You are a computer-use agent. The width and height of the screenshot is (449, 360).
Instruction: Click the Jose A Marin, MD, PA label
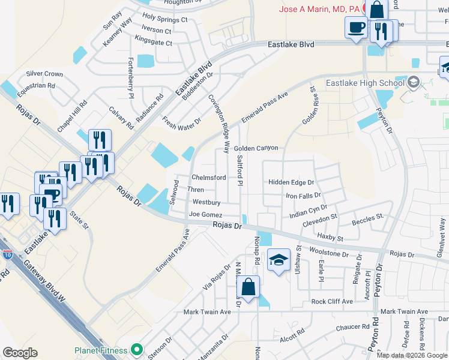[319, 8]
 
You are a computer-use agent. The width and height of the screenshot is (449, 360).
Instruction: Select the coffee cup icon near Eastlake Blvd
[357, 28]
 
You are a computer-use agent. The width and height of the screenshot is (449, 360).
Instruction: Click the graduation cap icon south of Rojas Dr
[279, 260]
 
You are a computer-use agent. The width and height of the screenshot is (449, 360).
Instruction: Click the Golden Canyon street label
[256, 148]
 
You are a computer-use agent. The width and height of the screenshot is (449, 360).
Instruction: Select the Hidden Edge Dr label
[291, 182]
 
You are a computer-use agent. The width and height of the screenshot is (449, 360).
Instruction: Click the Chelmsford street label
[208, 178]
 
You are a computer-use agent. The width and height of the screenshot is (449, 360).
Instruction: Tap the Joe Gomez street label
[205, 215]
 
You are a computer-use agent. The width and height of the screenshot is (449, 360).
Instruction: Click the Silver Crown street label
[44, 74]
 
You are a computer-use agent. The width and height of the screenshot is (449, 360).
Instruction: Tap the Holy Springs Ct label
[164, 19]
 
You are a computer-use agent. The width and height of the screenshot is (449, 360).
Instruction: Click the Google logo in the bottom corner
[20, 353]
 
